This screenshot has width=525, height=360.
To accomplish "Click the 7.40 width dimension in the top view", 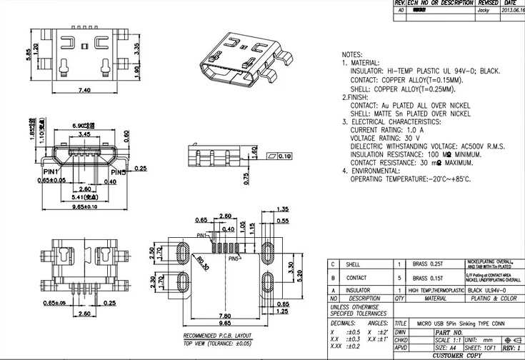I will pyautogui.click(x=84, y=91).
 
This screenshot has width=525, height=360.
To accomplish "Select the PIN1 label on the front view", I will pyautogui.click(x=51, y=172).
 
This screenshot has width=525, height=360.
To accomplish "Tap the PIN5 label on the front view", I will pyautogui.click(x=118, y=172).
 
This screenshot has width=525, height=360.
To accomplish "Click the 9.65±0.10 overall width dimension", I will pyautogui.click(x=84, y=206).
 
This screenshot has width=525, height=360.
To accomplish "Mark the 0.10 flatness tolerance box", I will pyautogui.click(x=279, y=156).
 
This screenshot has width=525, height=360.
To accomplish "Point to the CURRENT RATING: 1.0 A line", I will pyautogui.click(x=386, y=131).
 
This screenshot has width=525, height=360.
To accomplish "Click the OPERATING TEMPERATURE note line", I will pyautogui.click(x=411, y=179).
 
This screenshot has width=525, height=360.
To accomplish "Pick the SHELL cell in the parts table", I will pyautogui.click(x=353, y=264).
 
